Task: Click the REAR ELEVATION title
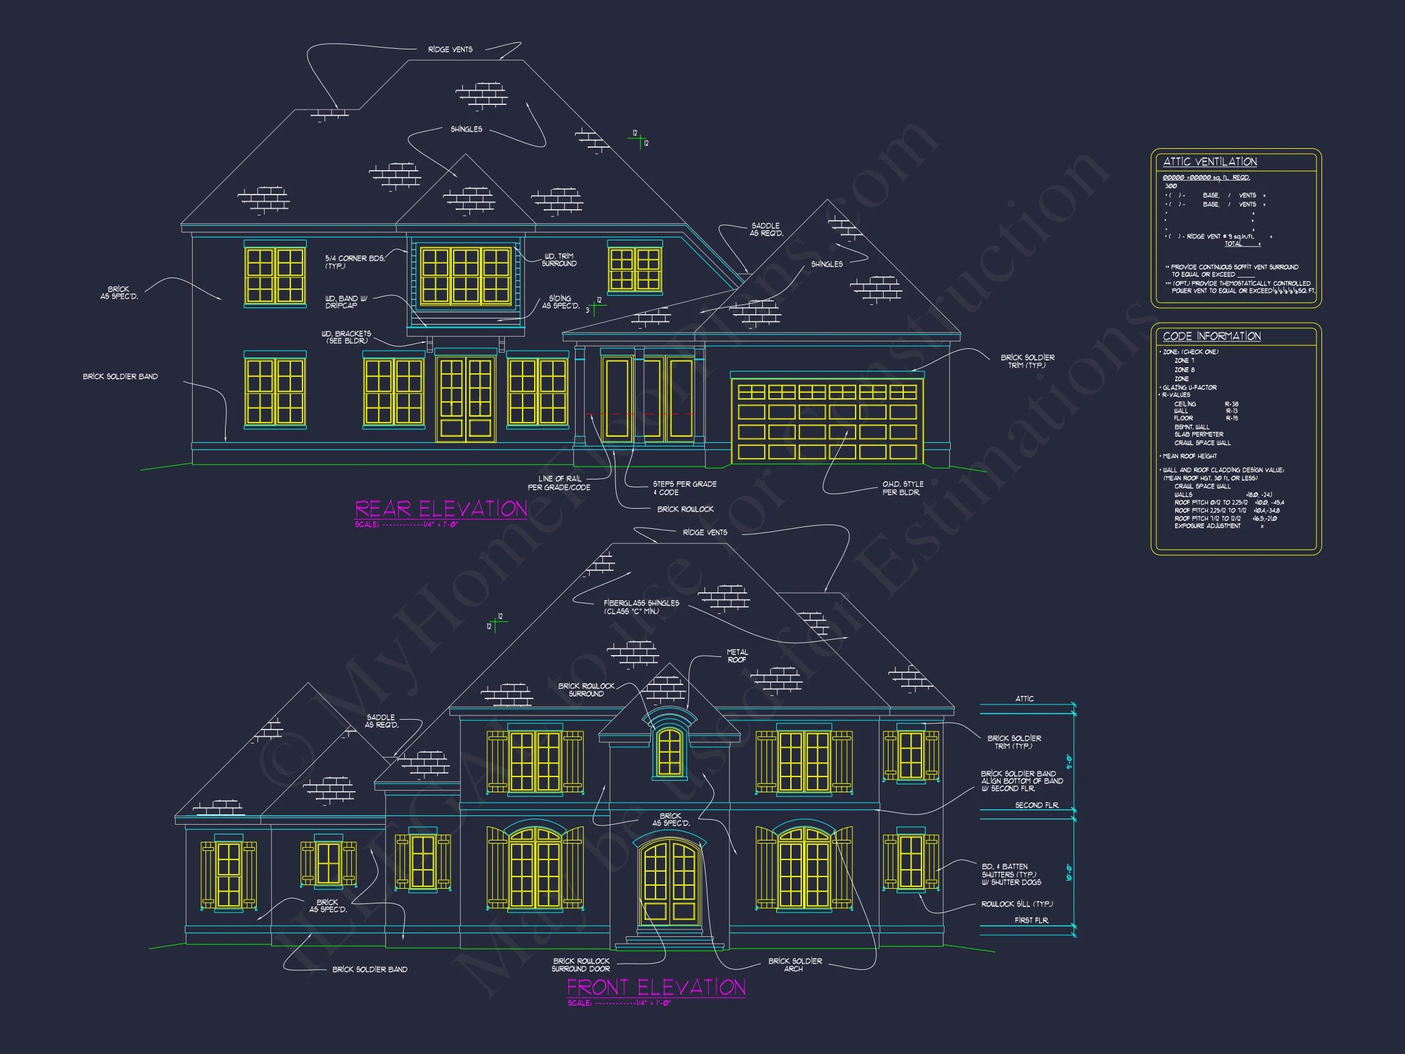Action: tap(441, 509)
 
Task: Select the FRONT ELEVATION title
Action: tap(656, 988)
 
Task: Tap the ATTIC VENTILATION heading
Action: tap(1209, 162)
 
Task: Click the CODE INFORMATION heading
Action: tap(1211, 336)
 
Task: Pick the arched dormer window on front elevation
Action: tap(669, 753)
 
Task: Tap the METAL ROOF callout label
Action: tap(737, 656)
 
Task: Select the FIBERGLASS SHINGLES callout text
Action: tap(641, 607)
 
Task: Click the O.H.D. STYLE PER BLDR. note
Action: tap(903, 488)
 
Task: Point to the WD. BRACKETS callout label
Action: tap(346, 337)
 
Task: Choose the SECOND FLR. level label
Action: tap(1037, 805)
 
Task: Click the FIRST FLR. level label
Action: tap(1031, 920)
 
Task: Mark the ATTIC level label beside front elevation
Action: tap(1024, 698)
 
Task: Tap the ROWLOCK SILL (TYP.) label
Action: tap(1017, 903)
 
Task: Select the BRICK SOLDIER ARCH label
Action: tap(795, 964)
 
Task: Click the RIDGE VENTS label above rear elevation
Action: tap(449, 49)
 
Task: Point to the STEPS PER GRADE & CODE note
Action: tap(684, 488)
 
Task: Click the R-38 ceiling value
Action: tap(1232, 404)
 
